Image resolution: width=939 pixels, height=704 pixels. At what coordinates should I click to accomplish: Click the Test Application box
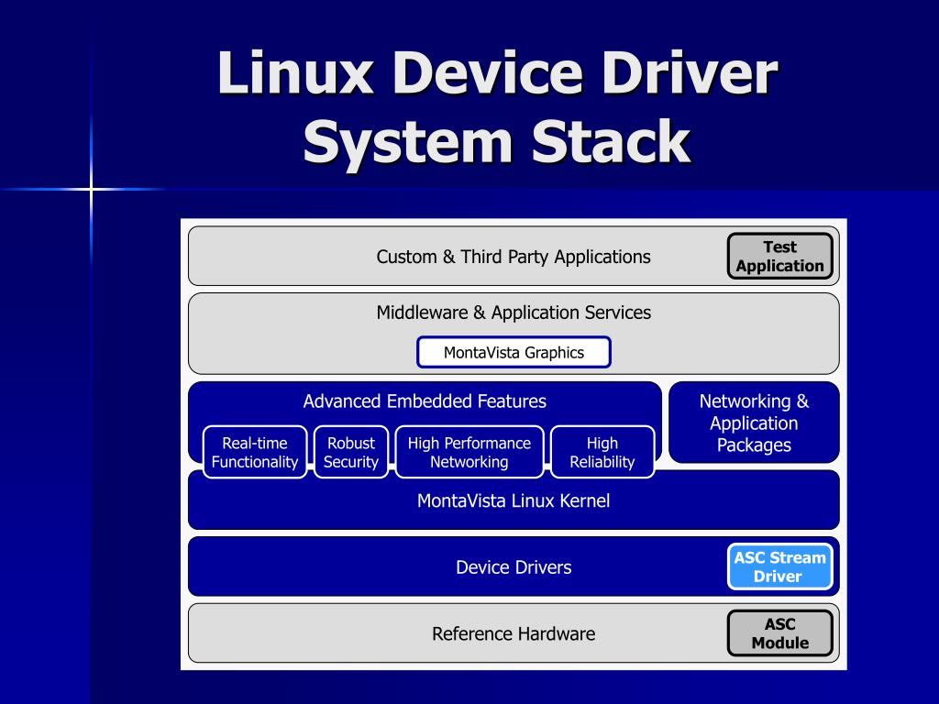click(779, 256)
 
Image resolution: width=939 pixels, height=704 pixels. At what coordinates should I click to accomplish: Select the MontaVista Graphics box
click(514, 352)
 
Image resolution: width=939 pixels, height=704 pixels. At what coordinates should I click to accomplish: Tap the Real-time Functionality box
click(255, 452)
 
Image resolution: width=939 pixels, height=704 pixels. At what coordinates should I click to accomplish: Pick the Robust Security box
click(351, 452)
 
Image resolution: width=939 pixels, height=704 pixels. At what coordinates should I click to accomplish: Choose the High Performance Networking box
click(469, 452)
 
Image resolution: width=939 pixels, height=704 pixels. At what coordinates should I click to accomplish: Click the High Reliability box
click(602, 452)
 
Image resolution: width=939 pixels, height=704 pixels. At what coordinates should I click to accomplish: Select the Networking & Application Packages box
click(754, 423)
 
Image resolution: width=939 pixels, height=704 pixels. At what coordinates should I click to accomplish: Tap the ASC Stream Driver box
click(779, 566)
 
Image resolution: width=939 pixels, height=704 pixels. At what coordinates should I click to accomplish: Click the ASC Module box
click(779, 633)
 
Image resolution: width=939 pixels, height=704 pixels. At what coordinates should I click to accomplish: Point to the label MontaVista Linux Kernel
click(514, 500)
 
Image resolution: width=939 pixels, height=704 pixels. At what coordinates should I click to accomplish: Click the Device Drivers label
click(514, 567)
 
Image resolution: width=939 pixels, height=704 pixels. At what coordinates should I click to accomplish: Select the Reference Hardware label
click(514, 633)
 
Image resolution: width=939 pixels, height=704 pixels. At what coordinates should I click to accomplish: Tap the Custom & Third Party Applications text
click(514, 257)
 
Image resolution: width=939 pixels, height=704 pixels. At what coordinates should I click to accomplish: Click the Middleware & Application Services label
click(514, 313)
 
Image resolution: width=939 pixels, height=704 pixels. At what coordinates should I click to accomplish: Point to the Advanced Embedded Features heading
click(425, 401)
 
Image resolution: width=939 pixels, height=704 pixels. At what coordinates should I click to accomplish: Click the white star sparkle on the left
click(91, 190)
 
